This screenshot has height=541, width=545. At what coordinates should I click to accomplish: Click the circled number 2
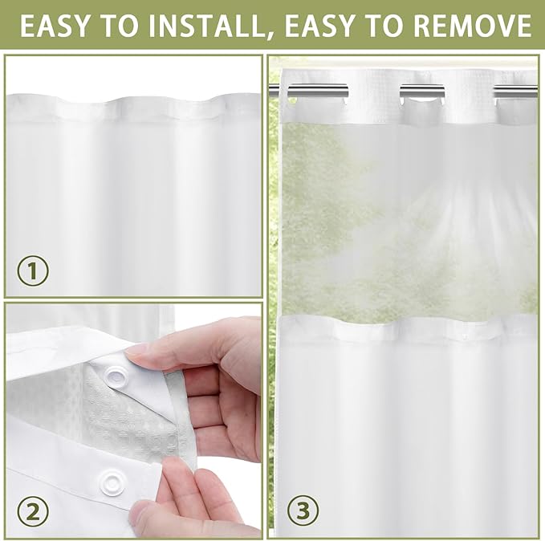[33, 510]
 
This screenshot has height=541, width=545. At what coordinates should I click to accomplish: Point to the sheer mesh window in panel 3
[405, 217]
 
